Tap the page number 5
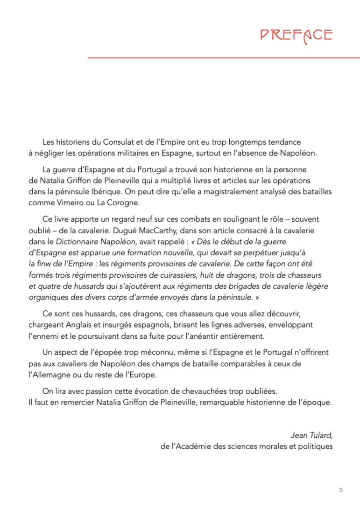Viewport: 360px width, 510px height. (x=341, y=489)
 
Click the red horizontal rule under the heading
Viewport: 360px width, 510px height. (x=223, y=58)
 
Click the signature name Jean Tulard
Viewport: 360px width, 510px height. (x=311, y=435)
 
